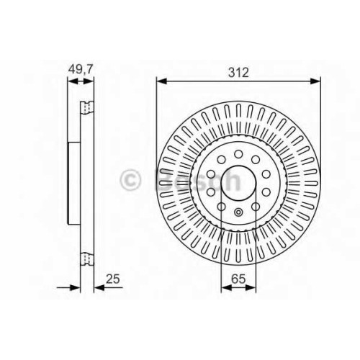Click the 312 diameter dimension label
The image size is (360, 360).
(238, 72)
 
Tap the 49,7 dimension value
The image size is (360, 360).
(80, 69)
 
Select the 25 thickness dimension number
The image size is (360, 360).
(113, 279)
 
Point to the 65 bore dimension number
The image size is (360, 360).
(239, 279)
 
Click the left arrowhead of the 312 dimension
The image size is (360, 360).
(161, 81)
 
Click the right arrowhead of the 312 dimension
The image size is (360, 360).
(315, 81)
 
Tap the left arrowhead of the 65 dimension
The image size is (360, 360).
(226, 287)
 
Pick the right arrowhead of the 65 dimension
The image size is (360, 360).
(251, 287)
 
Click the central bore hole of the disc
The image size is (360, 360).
(238, 183)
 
